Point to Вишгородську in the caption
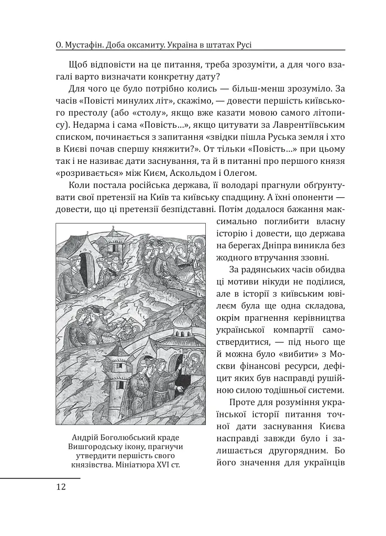(97, 446)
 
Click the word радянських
(256, 269)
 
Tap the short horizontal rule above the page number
(40, 477)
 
